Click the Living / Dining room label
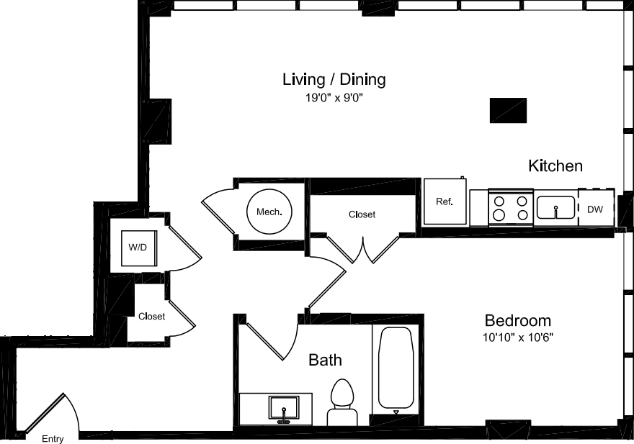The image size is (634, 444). pyautogui.click(x=334, y=79)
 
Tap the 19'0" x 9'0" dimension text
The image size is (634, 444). pyautogui.click(x=334, y=98)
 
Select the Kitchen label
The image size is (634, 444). pyautogui.click(x=555, y=166)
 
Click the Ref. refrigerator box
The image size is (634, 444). pyautogui.click(x=445, y=201)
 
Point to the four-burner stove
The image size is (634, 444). pyautogui.click(x=510, y=207)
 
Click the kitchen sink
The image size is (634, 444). pyautogui.click(x=555, y=208)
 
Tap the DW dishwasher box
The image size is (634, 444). pyautogui.click(x=595, y=209)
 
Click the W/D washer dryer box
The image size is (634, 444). pyautogui.click(x=138, y=248)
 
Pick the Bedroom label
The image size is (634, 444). pyautogui.click(x=517, y=321)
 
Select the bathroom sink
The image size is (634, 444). pyautogui.click(x=285, y=409)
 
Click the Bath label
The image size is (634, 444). pyautogui.click(x=325, y=360)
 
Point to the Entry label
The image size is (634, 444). pyautogui.click(x=53, y=439)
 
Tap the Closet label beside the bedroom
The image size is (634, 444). pyautogui.click(x=362, y=214)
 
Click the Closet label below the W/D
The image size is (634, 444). pyautogui.click(x=151, y=317)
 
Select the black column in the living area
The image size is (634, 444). pyautogui.click(x=508, y=110)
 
